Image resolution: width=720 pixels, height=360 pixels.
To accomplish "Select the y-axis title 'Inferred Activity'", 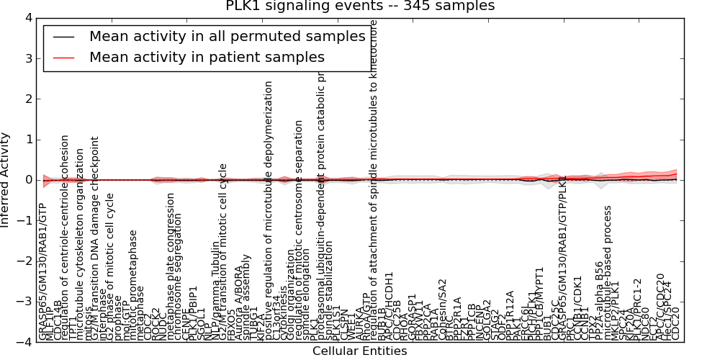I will pos(6,180).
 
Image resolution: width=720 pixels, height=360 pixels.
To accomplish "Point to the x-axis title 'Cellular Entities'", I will pos(359,351).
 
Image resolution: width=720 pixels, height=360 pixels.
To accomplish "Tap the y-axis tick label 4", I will pos(27,17).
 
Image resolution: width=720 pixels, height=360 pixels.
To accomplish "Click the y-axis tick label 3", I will pos(27,58).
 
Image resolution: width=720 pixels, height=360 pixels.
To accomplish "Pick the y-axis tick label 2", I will pos(27,99).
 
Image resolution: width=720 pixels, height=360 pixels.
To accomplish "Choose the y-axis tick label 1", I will pos(27,140).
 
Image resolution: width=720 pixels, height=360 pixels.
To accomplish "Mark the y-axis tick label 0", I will pos(27,180).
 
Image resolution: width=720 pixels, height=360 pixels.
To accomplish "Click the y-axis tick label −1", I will pos(24,221).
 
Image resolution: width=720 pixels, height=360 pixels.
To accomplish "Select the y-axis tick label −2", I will pos(24,261).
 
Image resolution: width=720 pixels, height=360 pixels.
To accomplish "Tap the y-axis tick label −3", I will pos(24,302).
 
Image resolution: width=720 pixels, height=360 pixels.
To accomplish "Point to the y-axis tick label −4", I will pos(24,343).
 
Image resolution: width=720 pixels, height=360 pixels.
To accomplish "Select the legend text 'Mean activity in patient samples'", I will pos(207,58).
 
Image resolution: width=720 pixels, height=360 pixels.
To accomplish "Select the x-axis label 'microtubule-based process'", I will pos(608,274).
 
